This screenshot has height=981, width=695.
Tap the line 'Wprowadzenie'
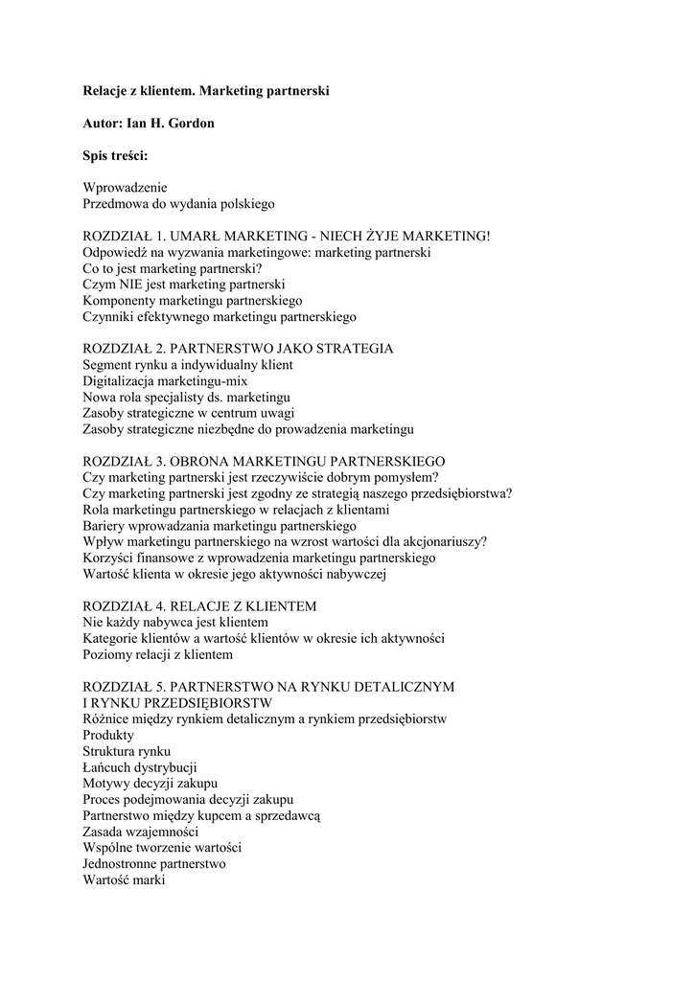[x=126, y=188]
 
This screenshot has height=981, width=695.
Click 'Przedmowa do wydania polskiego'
[x=179, y=204]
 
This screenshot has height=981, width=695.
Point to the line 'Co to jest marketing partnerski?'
[x=173, y=268]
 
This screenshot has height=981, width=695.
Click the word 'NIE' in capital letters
[x=131, y=285]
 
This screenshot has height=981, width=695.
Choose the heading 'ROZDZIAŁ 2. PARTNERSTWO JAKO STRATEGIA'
[x=238, y=349]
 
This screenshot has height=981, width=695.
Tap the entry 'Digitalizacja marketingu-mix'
[x=166, y=380]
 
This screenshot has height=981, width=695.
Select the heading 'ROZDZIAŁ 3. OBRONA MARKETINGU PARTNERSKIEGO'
[x=264, y=461]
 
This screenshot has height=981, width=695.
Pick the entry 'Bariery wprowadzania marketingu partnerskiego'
[x=220, y=525]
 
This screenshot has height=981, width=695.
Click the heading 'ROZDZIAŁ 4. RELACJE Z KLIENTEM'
[x=199, y=606]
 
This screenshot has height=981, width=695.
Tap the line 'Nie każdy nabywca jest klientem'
[x=175, y=623]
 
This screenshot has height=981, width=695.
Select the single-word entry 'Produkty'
[x=108, y=735]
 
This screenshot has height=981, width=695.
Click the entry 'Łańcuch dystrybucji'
[x=140, y=767]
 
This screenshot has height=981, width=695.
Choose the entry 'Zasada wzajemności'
[x=141, y=832]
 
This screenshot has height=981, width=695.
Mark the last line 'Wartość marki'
[x=125, y=879]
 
